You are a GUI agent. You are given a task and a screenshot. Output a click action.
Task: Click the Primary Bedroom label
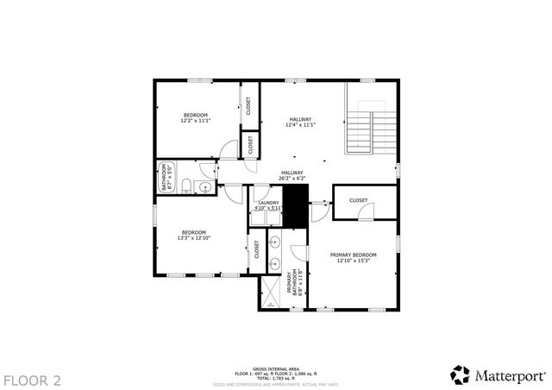(354, 255)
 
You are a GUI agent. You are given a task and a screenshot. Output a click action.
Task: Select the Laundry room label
(268, 203)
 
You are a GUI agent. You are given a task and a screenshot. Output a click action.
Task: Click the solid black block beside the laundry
(296, 206)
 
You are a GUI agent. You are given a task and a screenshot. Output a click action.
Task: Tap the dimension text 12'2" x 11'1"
(196, 121)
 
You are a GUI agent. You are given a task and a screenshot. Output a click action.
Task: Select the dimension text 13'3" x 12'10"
(194, 237)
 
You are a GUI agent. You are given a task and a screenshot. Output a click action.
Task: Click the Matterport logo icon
(461, 374)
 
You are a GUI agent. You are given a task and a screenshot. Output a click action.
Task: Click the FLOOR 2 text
(32, 380)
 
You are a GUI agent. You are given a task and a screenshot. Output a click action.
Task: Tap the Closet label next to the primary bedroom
(358, 200)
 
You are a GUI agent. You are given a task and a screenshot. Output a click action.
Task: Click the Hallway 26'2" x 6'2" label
(292, 175)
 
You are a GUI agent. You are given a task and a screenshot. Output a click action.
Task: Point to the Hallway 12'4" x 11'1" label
(300, 123)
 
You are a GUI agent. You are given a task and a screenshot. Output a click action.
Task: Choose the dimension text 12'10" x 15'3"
(354, 261)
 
